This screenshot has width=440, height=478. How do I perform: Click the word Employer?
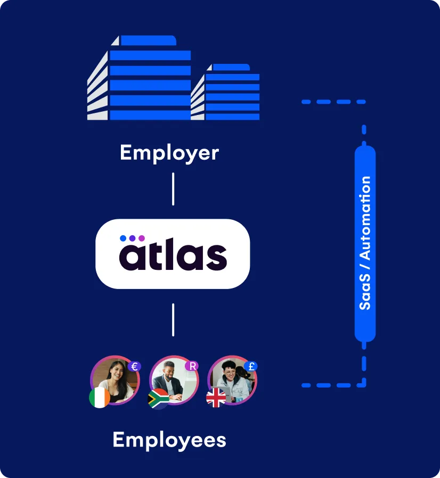point(169,153)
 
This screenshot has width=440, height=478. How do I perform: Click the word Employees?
point(169,440)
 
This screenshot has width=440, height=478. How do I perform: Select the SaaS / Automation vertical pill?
point(365,243)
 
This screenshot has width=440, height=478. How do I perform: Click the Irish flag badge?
point(100,397)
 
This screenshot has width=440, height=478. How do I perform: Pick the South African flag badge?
point(158,399)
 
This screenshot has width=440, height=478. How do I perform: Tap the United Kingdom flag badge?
point(216,397)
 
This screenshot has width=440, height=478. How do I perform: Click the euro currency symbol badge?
point(135,366)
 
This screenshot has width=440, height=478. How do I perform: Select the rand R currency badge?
point(192,366)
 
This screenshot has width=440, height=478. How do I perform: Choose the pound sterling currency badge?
point(251,366)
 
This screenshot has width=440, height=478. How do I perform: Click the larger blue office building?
point(139,78)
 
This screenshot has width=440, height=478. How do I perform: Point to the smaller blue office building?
point(225,92)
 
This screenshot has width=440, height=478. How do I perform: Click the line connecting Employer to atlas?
point(173,189)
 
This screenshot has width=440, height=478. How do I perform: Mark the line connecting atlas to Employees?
point(173,320)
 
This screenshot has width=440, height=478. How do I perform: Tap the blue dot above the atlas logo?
point(123,238)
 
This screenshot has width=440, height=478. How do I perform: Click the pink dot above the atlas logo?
point(142,238)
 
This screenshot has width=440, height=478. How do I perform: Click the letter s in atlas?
point(217,258)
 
